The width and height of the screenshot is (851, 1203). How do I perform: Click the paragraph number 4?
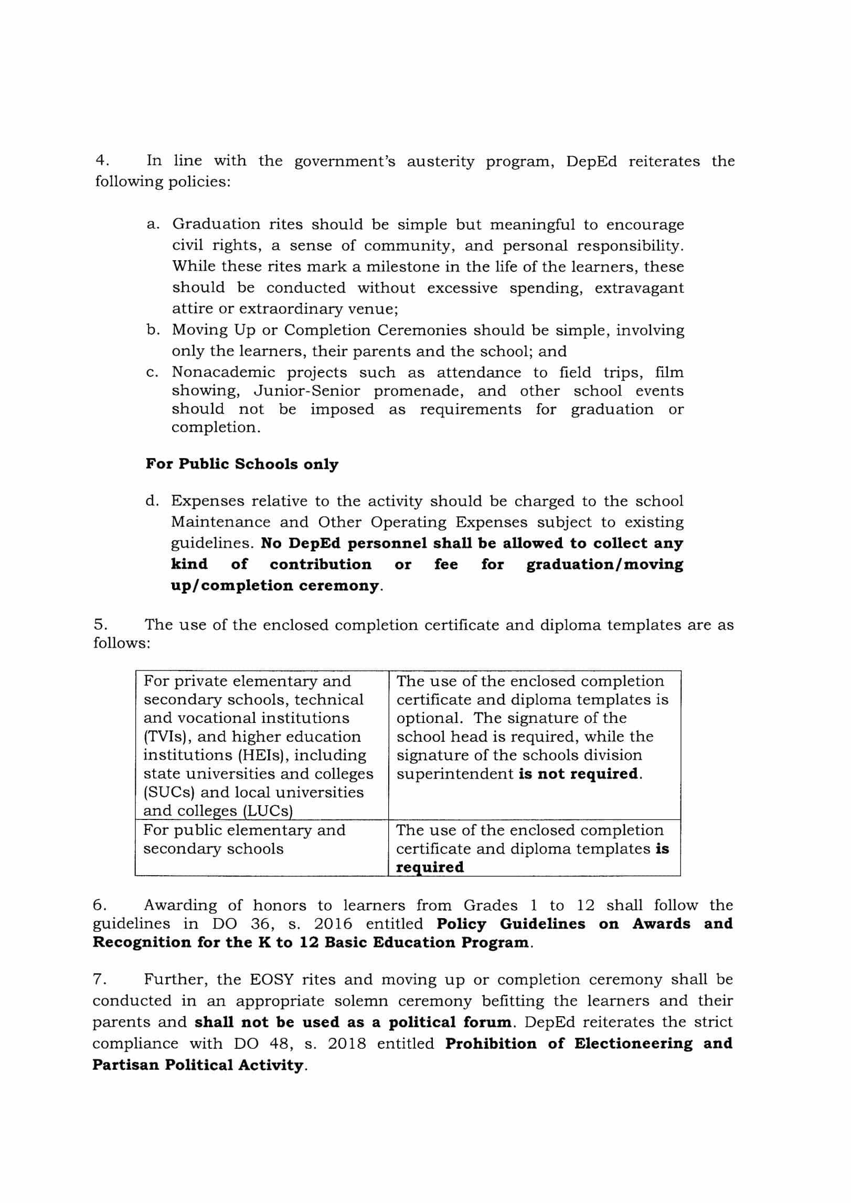click(x=101, y=161)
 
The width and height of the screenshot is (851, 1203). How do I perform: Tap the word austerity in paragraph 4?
click(x=440, y=161)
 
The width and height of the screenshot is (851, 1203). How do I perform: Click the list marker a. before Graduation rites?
click(x=153, y=225)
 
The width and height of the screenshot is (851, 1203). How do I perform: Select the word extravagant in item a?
click(x=639, y=288)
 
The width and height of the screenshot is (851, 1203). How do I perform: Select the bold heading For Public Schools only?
click(x=242, y=464)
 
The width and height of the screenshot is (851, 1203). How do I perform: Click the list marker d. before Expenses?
click(x=152, y=501)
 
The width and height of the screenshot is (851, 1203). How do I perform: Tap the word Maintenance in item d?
click(x=220, y=523)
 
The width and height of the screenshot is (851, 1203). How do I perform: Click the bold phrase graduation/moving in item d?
click(x=605, y=565)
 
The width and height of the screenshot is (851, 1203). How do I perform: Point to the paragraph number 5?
click(x=100, y=624)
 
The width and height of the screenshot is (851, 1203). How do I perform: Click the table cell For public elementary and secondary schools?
click(x=244, y=839)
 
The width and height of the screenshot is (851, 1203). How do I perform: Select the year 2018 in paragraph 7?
click(x=347, y=1044)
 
